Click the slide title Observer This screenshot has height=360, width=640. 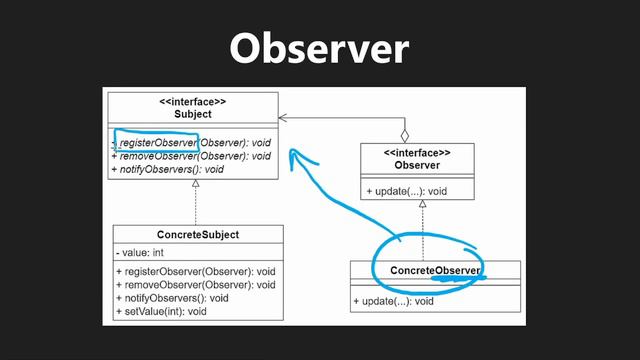pyautogui.click(x=319, y=48)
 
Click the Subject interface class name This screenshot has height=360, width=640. pyautogui.click(x=192, y=114)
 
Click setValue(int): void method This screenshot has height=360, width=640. pyautogui.click(x=161, y=311)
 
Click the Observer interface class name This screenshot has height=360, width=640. pyautogui.click(x=418, y=164)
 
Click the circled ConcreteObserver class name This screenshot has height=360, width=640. pyautogui.click(x=435, y=271)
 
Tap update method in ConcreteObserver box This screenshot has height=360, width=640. pyautogui.click(x=393, y=300)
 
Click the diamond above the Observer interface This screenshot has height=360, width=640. pyautogui.click(x=405, y=133)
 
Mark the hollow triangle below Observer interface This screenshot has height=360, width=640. pyautogui.click(x=422, y=204)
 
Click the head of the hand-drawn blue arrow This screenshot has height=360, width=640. pyautogui.click(x=293, y=153)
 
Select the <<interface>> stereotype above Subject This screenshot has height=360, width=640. pyautogui.click(x=192, y=101)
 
